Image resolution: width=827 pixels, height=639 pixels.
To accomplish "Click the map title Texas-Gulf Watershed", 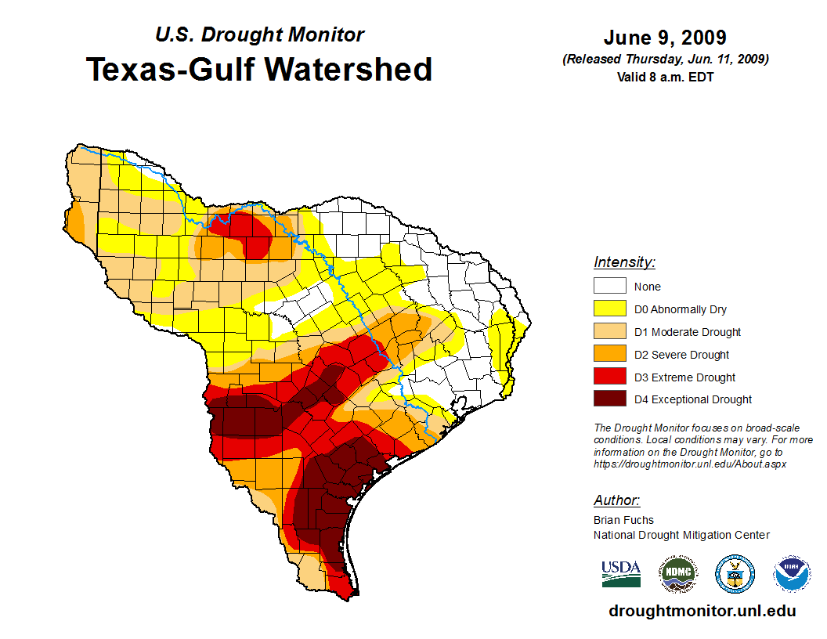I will tap(258, 70).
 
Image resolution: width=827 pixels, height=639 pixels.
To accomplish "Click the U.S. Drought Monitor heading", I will tap(259, 35).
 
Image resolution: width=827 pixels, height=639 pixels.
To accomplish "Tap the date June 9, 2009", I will tap(665, 38).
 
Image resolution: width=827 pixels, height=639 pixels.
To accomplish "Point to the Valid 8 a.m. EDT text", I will tap(665, 76).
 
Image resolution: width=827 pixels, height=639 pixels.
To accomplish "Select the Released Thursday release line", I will tap(665, 60).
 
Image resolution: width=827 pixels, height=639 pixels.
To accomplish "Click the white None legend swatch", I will tap(609, 287).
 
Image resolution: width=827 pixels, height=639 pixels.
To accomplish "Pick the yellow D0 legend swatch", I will tap(609, 309).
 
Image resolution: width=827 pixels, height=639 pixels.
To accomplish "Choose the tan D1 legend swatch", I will tap(609, 332).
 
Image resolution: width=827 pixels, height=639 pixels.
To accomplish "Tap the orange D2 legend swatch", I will tap(609, 355).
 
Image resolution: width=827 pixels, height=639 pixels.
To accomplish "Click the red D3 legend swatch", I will tap(609, 377).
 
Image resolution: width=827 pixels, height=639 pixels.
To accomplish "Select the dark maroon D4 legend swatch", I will tap(609, 399).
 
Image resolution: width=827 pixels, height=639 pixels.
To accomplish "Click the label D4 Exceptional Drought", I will tap(692, 399).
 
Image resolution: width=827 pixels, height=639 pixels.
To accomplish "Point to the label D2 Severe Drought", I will tap(681, 355).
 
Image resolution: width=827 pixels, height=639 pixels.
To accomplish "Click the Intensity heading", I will tap(624, 262).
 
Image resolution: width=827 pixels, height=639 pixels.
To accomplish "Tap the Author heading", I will tap(616, 500).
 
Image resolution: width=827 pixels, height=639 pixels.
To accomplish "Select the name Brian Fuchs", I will tap(623, 520).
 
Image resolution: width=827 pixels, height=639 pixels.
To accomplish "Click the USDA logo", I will tap(621, 573).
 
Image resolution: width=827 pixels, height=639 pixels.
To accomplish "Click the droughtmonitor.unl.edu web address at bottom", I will tap(702, 611).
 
